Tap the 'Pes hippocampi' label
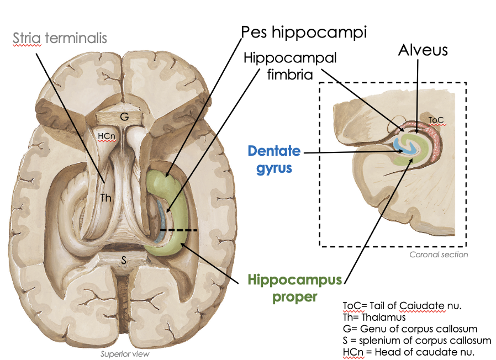coord(304,31)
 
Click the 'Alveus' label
coord(424,50)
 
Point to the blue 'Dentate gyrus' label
coord(274,158)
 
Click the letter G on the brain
coord(125,118)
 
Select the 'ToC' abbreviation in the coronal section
coord(436,119)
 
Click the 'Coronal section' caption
coord(439,255)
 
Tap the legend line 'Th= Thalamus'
coord(374,317)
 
